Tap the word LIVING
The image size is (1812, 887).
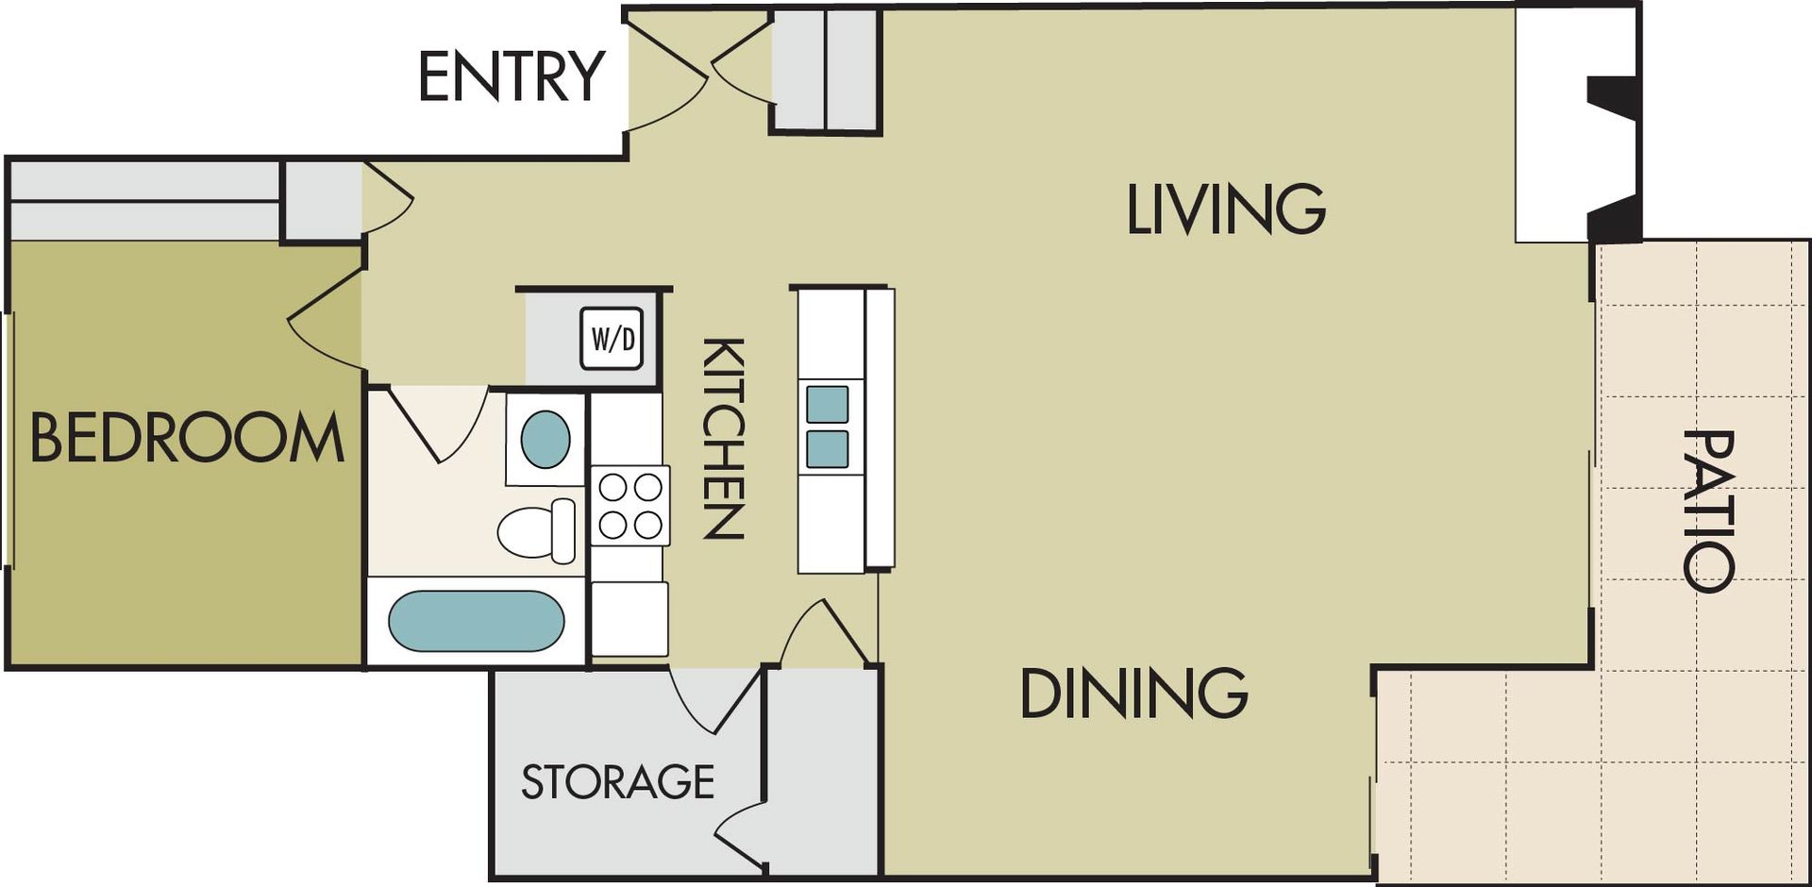point(1226,209)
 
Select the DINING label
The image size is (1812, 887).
point(1133,694)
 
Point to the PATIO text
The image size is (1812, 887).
point(1708,510)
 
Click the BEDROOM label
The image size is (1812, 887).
point(187,437)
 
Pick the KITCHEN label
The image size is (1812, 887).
point(724,438)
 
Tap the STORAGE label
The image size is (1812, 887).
point(617,782)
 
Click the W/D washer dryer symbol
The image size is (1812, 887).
point(612,338)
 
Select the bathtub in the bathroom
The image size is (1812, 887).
point(476,621)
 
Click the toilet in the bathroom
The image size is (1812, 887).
point(536,531)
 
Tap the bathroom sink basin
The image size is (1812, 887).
point(545,439)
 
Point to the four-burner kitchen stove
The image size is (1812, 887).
point(630,506)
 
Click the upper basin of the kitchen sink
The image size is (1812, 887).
point(827,404)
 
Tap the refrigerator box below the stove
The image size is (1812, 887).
point(629,618)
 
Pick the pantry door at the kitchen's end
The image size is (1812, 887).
point(823,633)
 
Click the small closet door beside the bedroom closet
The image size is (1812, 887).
point(388,198)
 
